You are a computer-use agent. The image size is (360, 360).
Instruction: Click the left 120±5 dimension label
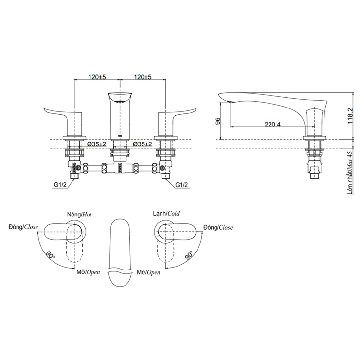(x=97, y=77)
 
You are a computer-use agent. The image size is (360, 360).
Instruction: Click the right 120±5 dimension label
(x=143, y=77)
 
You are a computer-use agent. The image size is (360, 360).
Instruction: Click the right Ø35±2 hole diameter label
(x=143, y=144)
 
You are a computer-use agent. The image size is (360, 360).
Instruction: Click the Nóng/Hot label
(x=79, y=214)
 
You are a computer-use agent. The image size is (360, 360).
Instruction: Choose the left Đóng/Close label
(x=23, y=227)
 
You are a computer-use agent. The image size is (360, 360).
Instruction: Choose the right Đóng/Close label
(x=218, y=227)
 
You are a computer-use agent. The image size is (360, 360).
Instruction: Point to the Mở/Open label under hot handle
(x=88, y=272)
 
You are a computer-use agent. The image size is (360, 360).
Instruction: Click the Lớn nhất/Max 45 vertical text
(x=350, y=173)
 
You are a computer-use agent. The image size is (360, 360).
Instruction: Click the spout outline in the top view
(x=120, y=248)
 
